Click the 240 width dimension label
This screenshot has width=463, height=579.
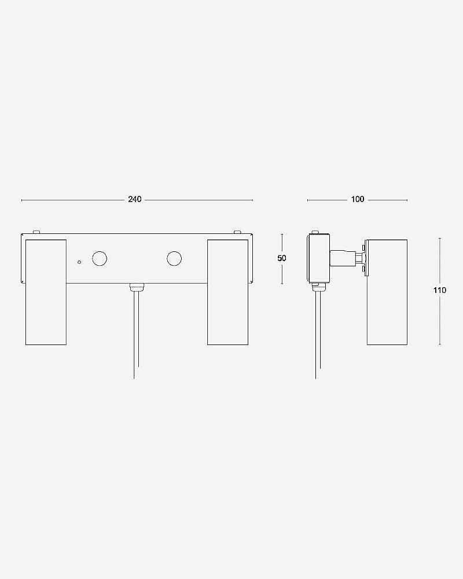pyautogui.click(x=135, y=199)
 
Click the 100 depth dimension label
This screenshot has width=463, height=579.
pyautogui.click(x=358, y=199)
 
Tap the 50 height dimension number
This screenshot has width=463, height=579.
pyautogui.click(x=282, y=258)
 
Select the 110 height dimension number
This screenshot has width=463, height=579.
pyautogui.click(x=440, y=290)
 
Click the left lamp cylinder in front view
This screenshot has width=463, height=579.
pyautogui.click(x=46, y=292)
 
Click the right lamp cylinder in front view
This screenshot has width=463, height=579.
pyautogui.click(x=228, y=292)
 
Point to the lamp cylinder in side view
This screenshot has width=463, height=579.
pyautogui.click(x=387, y=292)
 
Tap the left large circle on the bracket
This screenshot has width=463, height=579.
pyautogui.click(x=100, y=258)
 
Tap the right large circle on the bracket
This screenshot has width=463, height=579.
pyautogui.click(x=174, y=258)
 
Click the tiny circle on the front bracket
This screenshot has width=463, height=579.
pyautogui.click(x=79, y=262)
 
